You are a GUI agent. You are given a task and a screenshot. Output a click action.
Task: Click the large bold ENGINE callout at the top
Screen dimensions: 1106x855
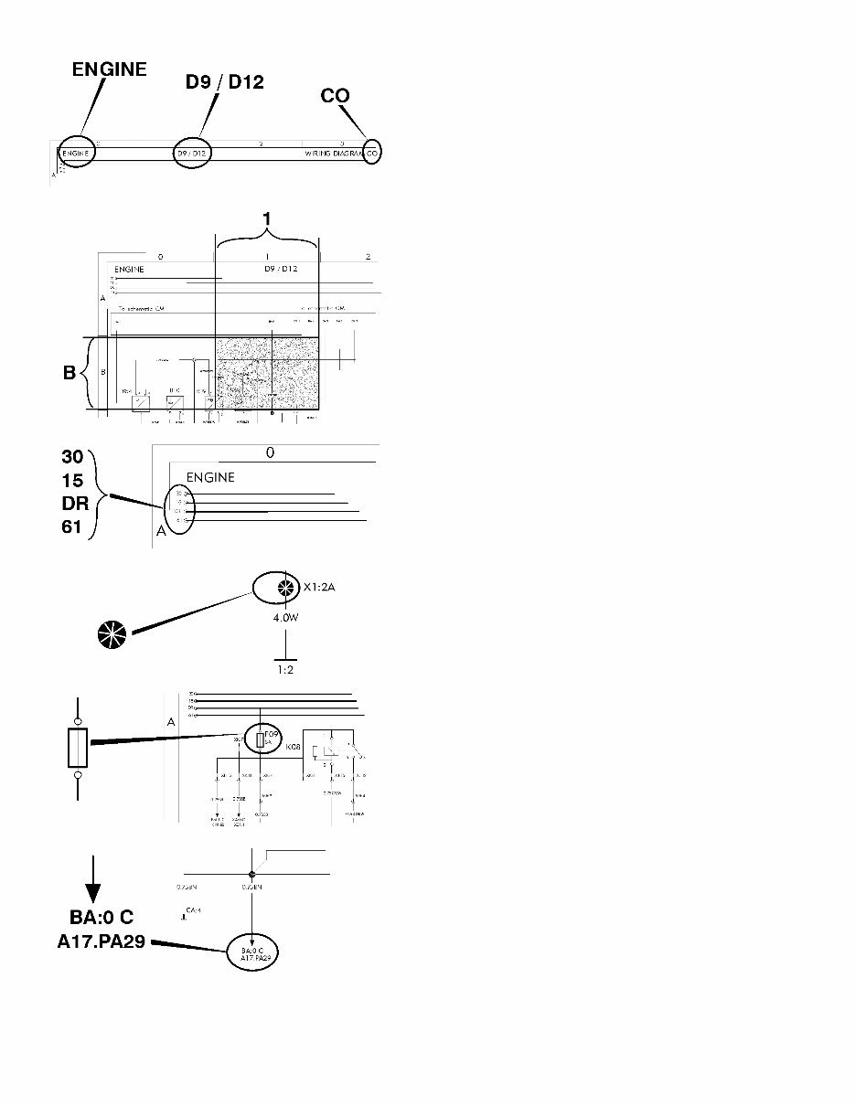coord(110,69)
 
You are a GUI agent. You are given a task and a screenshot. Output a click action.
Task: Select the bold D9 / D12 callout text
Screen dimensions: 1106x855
coord(224,82)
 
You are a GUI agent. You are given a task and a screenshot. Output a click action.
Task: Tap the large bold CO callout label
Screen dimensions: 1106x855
coord(335,95)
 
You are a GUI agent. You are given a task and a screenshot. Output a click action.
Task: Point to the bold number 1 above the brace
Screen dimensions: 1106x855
coord(266,219)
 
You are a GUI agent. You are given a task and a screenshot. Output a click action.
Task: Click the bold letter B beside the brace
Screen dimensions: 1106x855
coord(69,374)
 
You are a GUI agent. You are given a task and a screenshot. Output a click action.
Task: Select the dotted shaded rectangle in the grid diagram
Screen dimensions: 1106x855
coord(266,373)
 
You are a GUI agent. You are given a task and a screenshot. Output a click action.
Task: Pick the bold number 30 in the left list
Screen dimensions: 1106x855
coord(72,457)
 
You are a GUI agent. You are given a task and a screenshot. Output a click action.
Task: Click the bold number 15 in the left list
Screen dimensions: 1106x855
coord(72,481)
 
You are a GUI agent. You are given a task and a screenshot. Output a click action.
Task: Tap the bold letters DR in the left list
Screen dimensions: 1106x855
coord(73,504)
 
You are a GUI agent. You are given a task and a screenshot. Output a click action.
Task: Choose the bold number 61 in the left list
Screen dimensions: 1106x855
coord(72,527)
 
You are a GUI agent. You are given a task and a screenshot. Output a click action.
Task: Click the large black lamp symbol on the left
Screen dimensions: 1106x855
coord(113,635)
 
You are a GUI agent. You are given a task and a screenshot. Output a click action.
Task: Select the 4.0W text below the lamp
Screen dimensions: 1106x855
coord(286,619)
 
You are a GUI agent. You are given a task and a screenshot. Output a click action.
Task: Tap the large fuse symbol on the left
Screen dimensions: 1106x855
coord(79,749)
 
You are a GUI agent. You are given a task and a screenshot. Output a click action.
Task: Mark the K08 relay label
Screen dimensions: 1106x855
coord(294,748)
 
